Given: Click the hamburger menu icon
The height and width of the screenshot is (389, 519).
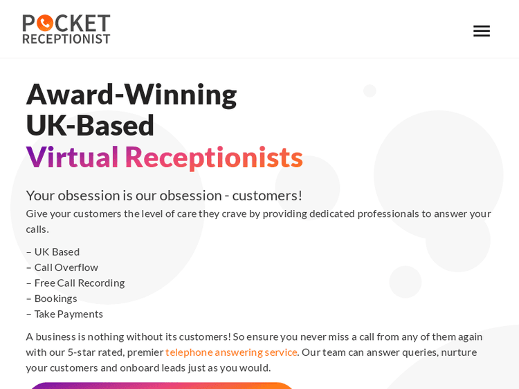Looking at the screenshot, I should click(x=482, y=31).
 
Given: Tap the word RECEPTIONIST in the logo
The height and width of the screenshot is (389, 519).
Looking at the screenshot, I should click(x=66, y=39).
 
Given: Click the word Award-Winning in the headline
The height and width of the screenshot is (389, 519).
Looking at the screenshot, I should click(x=131, y=95).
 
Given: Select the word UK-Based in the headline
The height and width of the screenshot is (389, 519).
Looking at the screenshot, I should click(x=90, y=125).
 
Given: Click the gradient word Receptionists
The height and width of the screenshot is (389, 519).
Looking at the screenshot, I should click(x=214, y=157).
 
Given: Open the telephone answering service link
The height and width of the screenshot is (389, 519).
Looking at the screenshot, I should click(x=231, y=352).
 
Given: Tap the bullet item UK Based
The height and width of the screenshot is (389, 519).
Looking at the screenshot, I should click(x=57, y=252).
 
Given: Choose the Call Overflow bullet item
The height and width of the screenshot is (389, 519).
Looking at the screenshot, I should click(x=66, y=267).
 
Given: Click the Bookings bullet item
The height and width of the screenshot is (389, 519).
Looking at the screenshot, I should click(x=55, y=298).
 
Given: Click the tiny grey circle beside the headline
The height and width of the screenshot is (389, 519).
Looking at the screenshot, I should click(x=370, y=91).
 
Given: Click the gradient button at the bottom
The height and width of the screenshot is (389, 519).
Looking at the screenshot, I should click(x=161, y=385).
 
